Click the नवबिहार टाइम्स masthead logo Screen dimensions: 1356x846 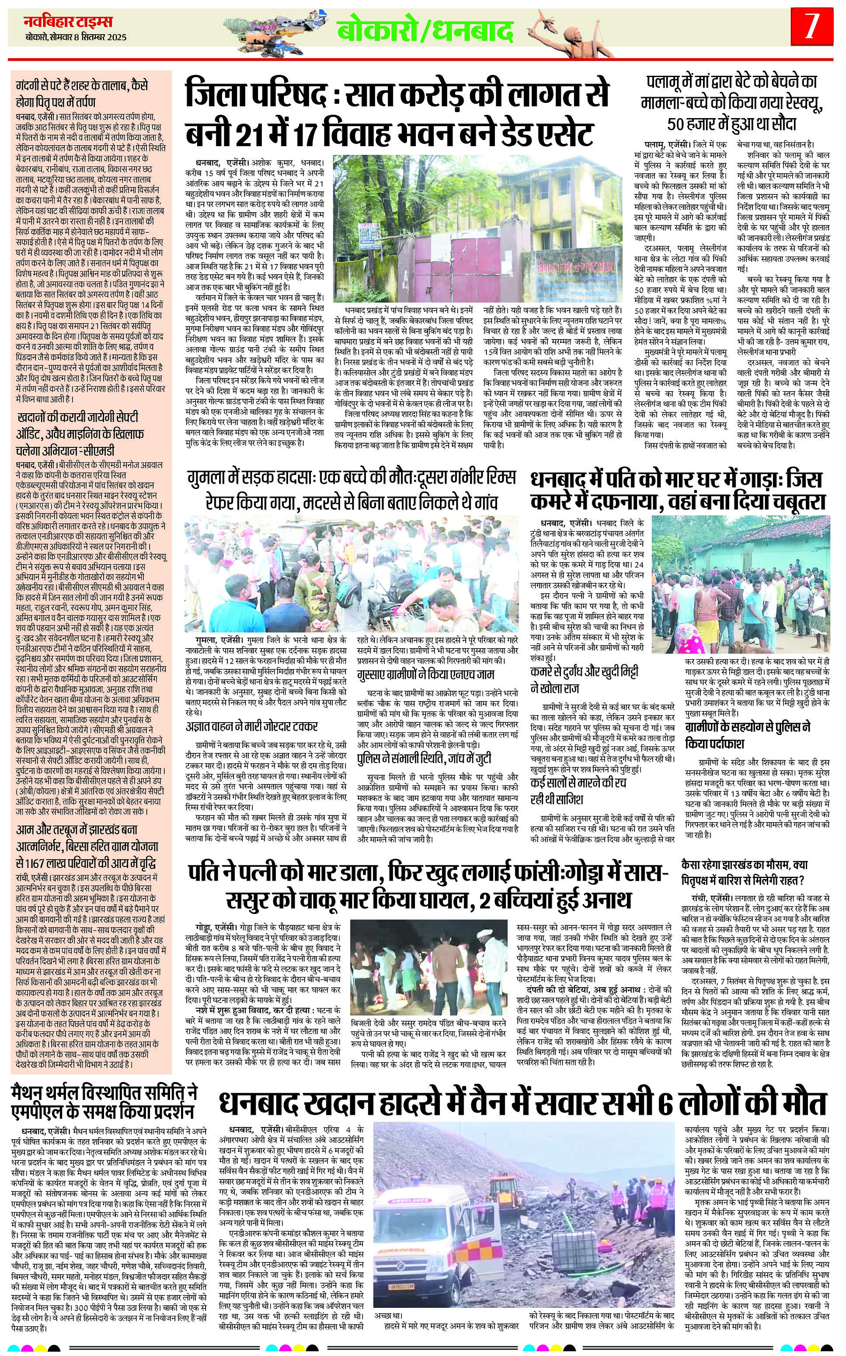coord(68,22)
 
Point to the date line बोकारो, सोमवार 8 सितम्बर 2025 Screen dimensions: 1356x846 coord(76,38)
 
